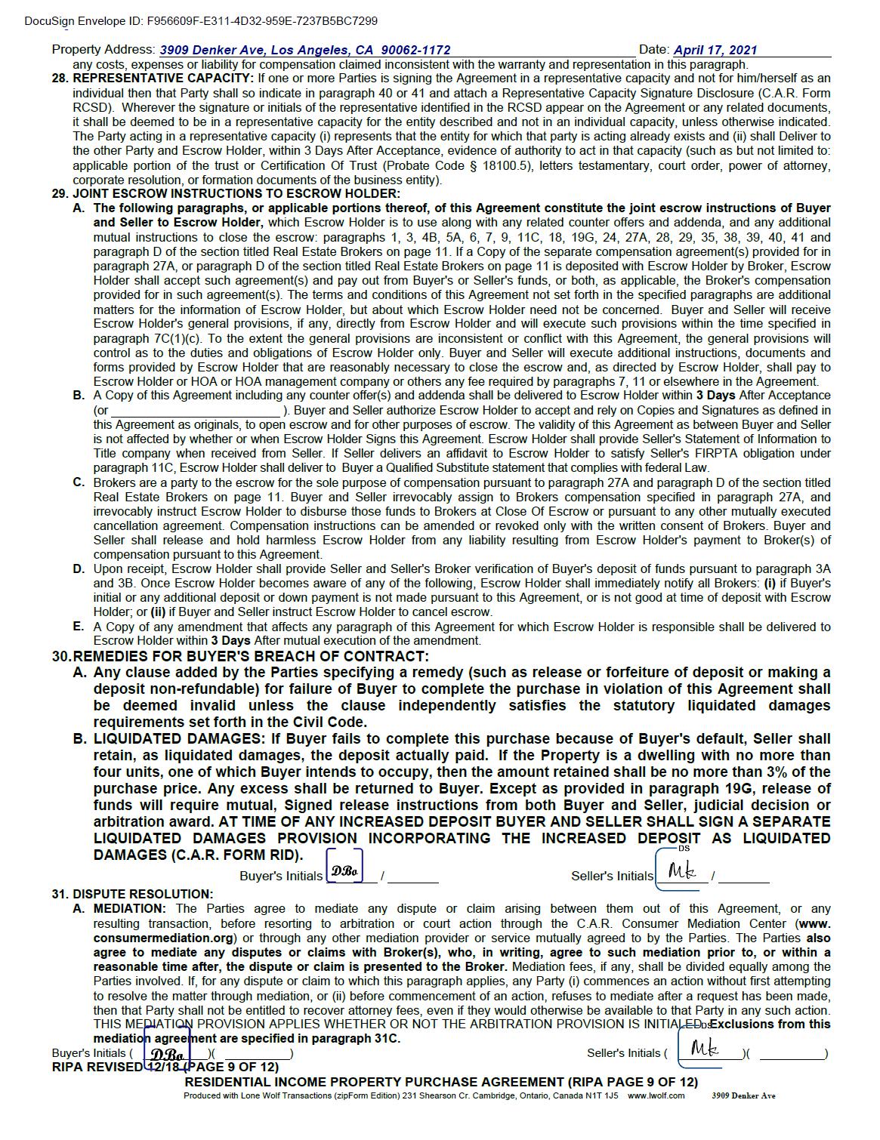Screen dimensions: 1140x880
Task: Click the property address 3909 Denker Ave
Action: [x=305, y=50]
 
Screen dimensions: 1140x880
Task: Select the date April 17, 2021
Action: [x=715, y=50]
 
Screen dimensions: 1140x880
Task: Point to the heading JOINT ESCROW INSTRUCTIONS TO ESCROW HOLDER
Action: [x=236, y=193]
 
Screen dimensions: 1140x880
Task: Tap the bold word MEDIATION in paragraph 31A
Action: [x=128, y=908]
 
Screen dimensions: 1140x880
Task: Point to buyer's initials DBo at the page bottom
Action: [x=168, y=1054]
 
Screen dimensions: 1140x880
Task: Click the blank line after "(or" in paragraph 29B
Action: [x=196, y=411]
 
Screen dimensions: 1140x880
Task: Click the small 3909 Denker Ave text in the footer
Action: [x=743, y=1095]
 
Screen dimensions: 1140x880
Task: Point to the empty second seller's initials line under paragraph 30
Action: [x=744, y=879]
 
